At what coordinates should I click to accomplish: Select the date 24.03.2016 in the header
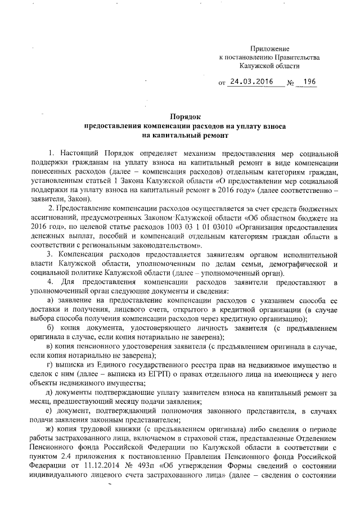click(250, 82)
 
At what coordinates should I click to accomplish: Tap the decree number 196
click(309, 82)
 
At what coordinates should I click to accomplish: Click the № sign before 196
click(291, 83)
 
